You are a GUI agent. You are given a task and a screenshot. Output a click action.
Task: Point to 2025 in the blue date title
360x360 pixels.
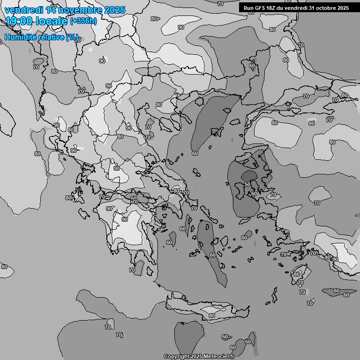114,10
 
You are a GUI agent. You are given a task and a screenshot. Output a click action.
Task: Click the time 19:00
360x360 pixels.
20,21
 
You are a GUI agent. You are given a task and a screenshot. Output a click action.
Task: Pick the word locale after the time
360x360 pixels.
52,21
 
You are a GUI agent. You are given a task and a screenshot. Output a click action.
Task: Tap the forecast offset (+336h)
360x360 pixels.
83,21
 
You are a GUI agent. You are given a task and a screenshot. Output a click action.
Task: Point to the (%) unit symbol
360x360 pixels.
72,37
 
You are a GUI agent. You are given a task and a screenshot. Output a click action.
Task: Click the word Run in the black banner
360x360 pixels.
248,8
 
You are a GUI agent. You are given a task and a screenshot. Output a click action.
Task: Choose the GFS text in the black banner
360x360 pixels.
260,8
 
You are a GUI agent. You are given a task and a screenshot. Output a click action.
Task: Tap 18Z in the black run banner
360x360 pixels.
272,8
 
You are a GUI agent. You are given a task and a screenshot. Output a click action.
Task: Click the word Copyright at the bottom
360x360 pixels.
176,356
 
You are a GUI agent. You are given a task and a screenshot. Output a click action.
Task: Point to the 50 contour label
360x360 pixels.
247,185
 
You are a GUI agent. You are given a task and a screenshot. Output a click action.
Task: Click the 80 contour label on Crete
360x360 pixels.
212,315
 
